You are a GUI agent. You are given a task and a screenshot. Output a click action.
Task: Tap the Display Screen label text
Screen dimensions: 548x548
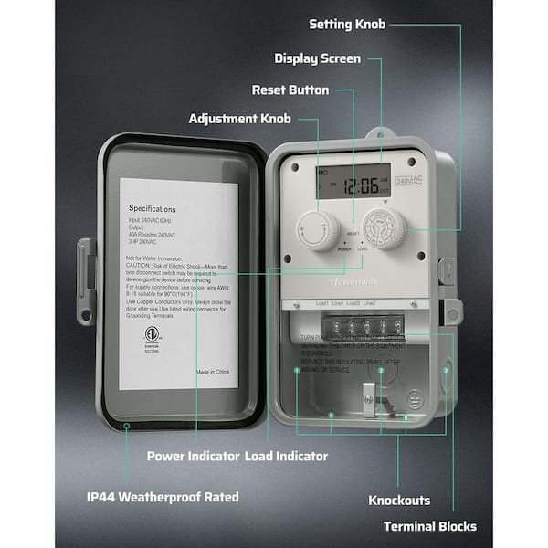click(317, 58)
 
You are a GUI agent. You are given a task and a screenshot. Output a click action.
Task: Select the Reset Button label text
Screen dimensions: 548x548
click(290, 90)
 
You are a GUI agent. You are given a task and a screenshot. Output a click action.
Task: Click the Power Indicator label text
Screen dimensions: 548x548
click(194, 455)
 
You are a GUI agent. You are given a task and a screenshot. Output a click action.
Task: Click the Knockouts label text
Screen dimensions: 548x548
click(399, 501)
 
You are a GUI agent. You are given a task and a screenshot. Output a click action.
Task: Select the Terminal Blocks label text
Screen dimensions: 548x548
click(429, 526)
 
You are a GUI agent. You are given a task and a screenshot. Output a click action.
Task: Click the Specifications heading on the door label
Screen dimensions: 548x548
click(152, 209)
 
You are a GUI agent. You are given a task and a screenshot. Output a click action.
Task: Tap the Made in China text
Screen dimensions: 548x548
click(215, 373)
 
